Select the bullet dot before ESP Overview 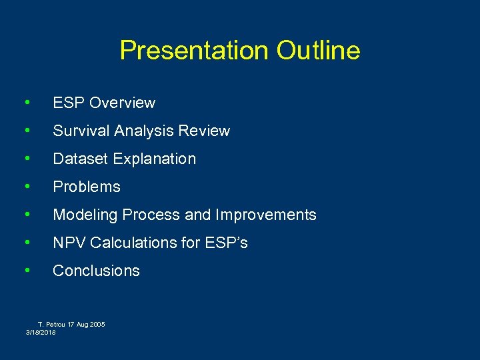[x=26, y=102]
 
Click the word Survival [x=81, y=131]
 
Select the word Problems [x=87, y=187]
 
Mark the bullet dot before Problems [x=26, y=186]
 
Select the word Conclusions [x=96, y=271]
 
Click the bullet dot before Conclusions [x=26, y=270]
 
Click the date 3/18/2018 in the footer [x=41, y=332]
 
